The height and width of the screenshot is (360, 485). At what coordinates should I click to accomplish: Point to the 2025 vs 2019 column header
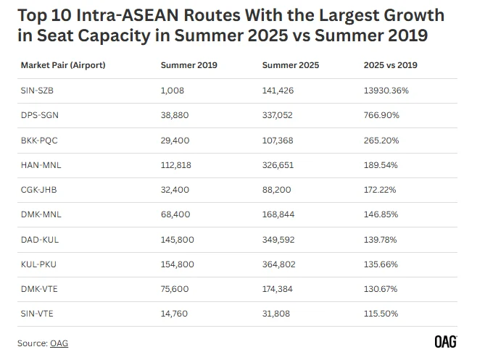coord(390,65)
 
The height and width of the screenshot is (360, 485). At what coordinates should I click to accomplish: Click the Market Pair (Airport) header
coord(63,65)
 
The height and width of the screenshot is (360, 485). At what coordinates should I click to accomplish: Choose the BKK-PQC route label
coord(36,140)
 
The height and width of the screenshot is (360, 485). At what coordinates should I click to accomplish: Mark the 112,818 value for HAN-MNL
coord(177,165)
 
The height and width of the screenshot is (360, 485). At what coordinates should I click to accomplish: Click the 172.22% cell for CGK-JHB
coord(381,190)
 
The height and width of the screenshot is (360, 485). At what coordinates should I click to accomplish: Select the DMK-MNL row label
coord(38,215)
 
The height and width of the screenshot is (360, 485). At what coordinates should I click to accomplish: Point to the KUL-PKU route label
coord(36,264)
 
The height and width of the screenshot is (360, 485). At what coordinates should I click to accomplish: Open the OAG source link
coord(59,343)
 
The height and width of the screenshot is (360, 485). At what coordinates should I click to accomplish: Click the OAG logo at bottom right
coord(445,342)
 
